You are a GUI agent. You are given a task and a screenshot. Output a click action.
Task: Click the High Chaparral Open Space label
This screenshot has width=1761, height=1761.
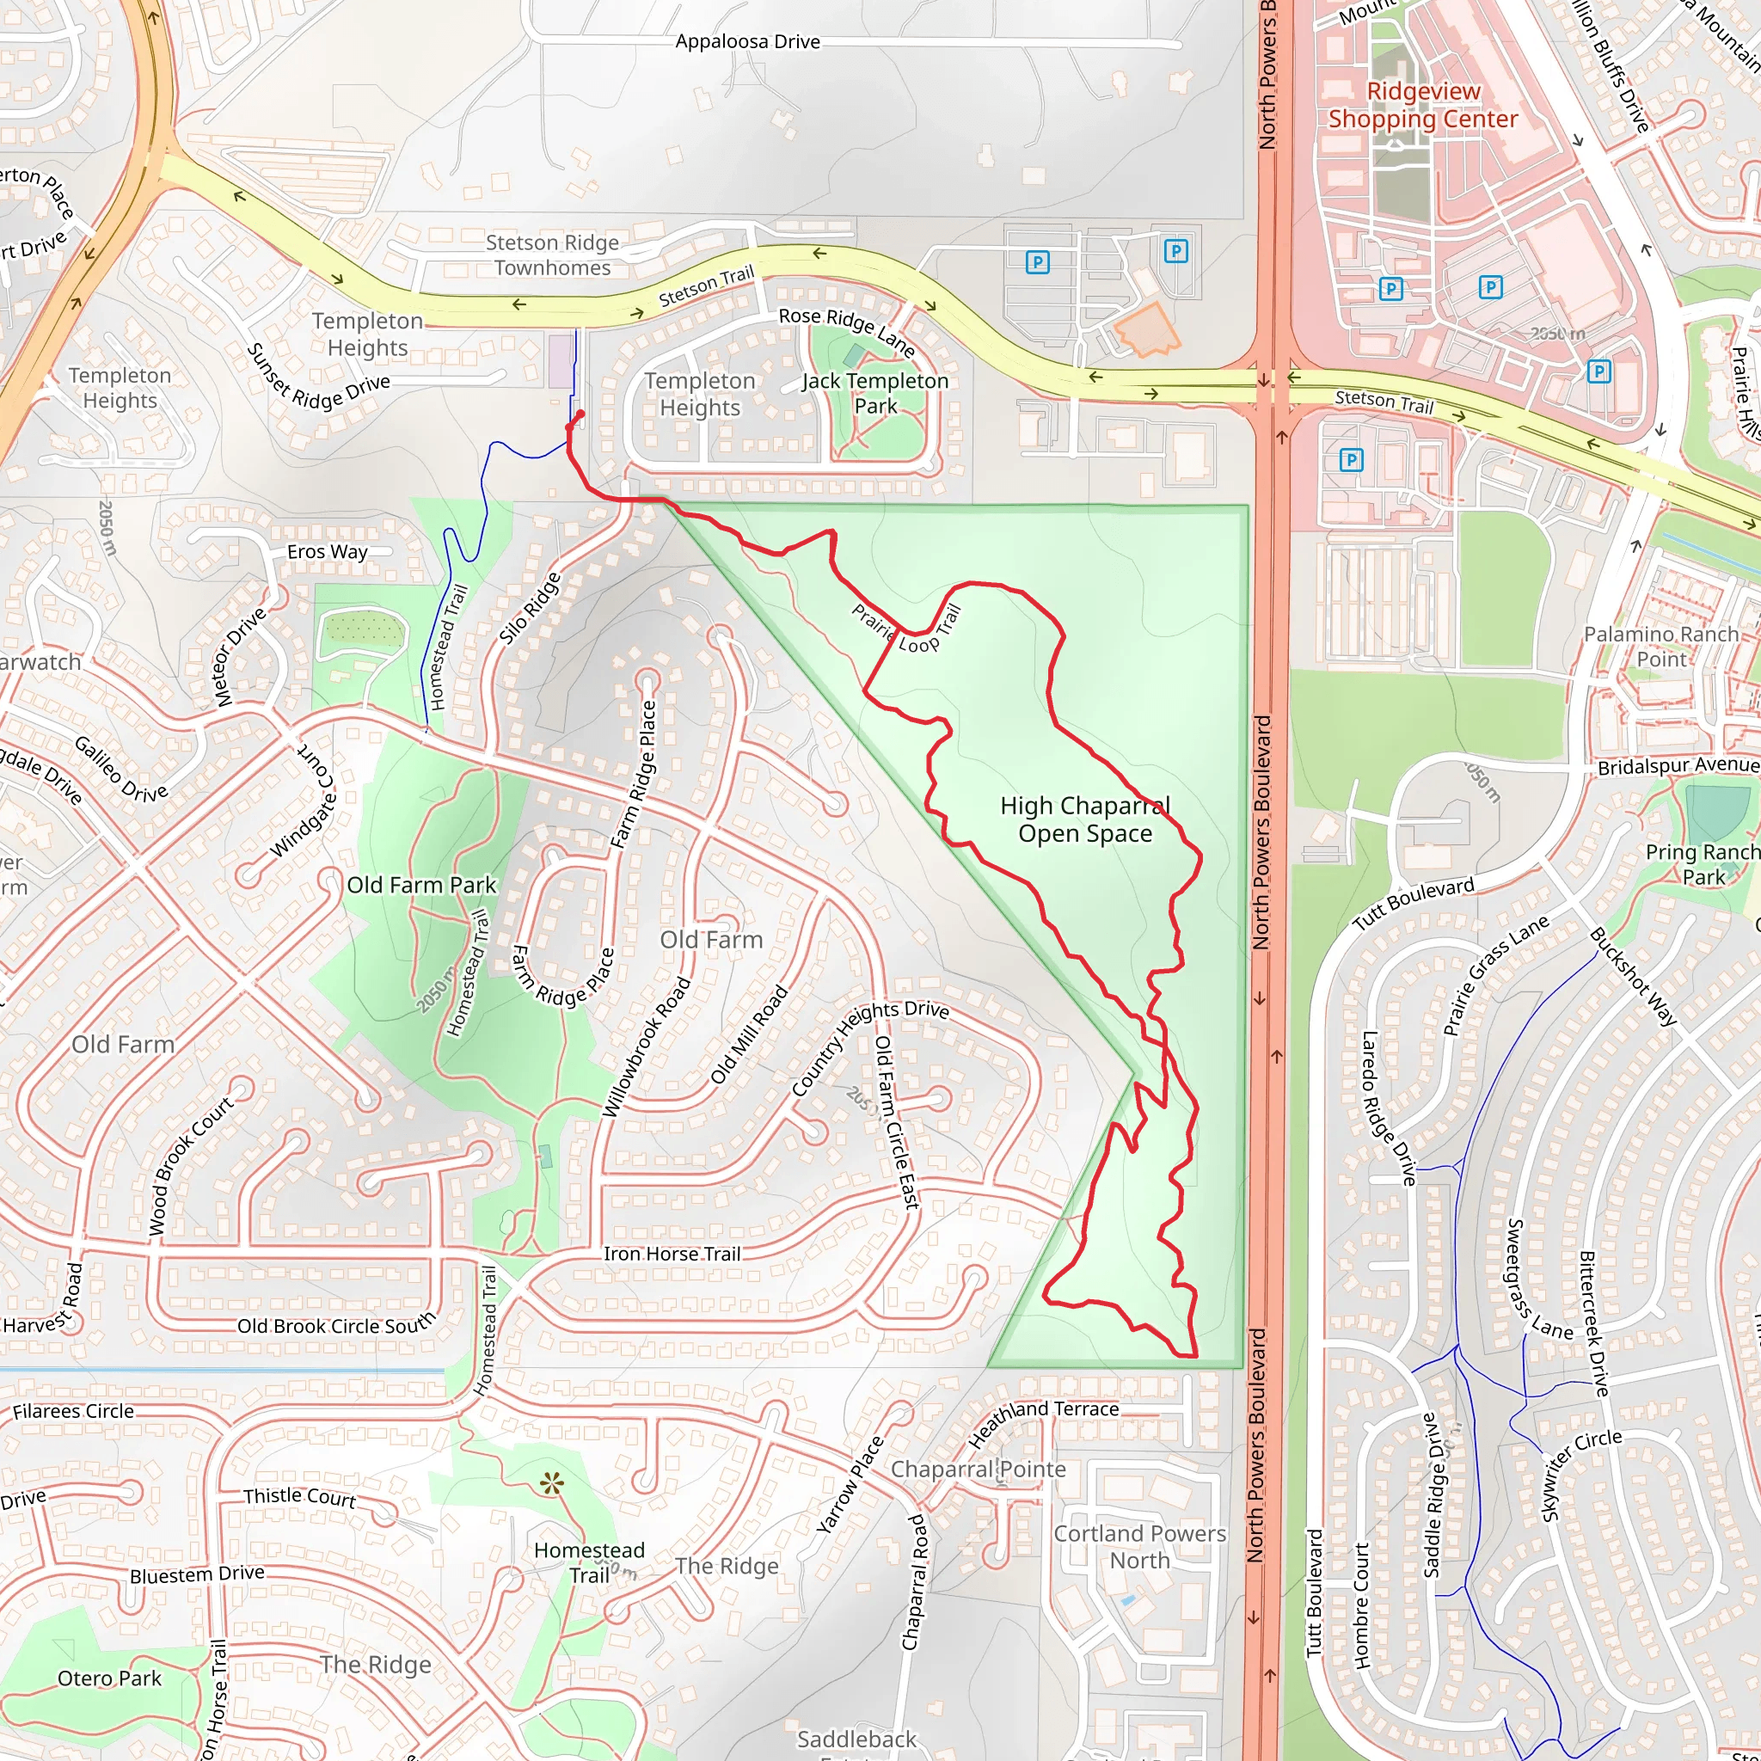coord(1084,819)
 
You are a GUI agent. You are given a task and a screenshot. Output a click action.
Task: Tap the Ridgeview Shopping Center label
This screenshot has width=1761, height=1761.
coord(1423,105)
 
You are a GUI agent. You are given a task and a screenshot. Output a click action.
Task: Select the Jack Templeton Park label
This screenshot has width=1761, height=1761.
coord(875,393)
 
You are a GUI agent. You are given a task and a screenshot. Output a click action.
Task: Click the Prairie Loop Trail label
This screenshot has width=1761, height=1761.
coord(907,629)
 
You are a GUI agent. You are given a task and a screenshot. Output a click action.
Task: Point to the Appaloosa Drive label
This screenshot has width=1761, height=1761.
coord(747,42)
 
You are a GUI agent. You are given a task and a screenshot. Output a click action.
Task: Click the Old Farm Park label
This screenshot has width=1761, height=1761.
coord(421,885)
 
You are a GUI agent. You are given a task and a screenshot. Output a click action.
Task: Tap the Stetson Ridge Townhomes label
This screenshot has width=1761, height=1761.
coord(552,255)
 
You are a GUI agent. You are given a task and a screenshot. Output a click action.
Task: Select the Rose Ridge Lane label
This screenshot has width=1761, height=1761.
coord(847,330)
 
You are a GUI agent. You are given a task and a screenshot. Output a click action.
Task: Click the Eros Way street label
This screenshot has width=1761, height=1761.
coord(328,551)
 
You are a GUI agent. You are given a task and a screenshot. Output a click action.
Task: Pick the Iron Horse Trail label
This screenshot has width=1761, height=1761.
coord(672,1255)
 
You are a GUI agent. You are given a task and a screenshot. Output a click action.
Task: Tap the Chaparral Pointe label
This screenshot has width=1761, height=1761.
coord(978,1470)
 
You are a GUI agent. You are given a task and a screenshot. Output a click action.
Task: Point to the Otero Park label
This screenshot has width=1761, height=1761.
coord(109,1678)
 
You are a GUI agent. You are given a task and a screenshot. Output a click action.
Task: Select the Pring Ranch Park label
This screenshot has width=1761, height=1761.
coord(1702,864)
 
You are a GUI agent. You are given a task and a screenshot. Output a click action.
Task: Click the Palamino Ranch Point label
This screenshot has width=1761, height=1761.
coord(1660,647)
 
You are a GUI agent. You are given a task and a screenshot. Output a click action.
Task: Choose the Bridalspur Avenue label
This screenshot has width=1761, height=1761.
coord(1678,766)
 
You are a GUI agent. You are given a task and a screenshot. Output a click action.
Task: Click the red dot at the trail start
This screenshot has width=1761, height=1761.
coord(580,414)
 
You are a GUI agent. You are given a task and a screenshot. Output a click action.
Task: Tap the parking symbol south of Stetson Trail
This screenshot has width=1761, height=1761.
coord(1351,459)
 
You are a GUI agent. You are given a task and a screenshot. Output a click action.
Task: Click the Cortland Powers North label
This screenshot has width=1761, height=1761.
coord(1139,1547)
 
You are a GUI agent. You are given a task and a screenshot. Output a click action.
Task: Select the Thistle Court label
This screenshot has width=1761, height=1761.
coord(299,1497)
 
